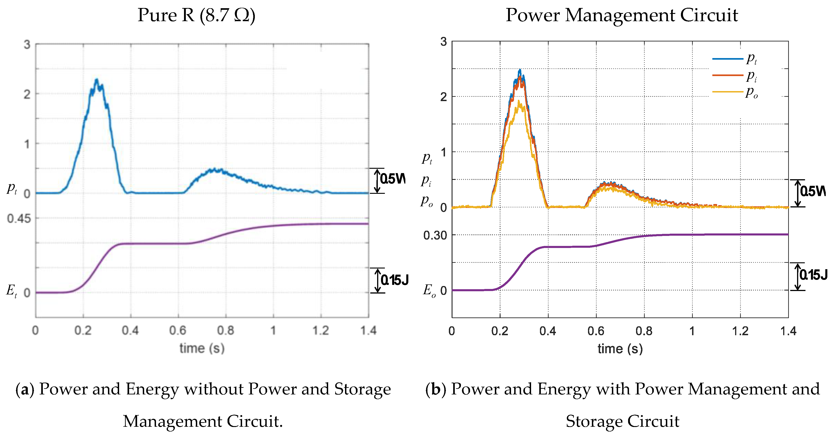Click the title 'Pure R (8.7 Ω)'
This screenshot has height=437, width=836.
coord(196,15)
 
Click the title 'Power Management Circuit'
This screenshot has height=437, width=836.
coord(621,15)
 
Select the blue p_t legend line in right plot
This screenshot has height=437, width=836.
coord(727,59)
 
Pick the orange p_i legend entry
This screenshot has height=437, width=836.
coord(735,75)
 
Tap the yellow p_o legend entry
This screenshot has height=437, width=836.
coord(735,92)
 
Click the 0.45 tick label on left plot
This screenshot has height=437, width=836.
coord(19,219)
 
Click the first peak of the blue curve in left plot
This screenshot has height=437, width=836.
coord(96,79)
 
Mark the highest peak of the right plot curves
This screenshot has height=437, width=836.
coord(520,70)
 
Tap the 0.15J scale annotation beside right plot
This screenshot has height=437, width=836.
coord(813,275)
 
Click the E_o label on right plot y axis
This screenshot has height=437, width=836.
coord(429,290)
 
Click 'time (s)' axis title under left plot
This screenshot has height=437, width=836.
coord(202,348)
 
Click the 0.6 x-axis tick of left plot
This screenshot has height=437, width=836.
coord(178,331)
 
